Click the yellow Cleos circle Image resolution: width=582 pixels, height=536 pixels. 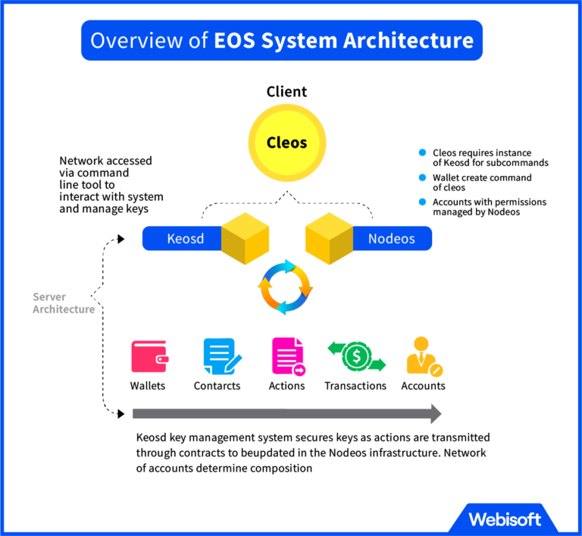point(286,143)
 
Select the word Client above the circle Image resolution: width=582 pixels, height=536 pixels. point(286,92)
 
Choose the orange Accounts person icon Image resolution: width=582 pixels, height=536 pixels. point(423,355)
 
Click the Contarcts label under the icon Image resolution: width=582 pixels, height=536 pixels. point(217,386)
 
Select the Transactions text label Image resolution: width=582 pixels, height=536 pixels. point(355,386)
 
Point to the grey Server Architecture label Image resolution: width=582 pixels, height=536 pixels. point(64,303)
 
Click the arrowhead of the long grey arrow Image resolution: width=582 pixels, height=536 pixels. point(435,413)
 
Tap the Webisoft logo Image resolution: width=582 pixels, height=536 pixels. point(504,519)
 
